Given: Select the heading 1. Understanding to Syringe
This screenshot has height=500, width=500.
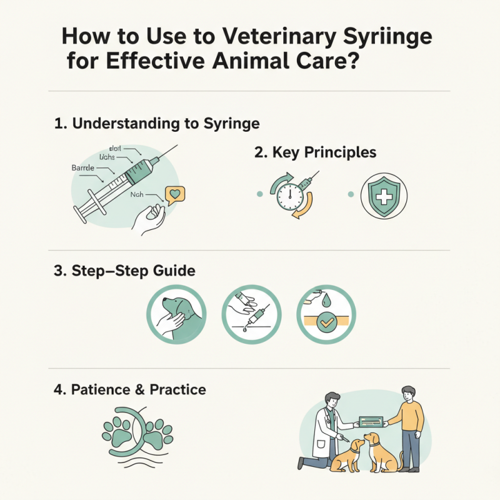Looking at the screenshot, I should [x=157, y=123].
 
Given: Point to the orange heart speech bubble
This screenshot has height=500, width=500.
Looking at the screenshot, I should [x=175, y=195].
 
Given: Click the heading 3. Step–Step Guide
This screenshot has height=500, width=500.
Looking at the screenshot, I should [x=125, y=271].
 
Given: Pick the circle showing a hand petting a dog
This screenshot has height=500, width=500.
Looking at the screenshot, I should [x=175, y=316].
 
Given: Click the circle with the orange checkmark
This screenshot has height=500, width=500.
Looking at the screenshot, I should [x=326, y=316].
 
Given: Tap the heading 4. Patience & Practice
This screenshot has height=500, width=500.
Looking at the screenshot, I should [x=131, y=390].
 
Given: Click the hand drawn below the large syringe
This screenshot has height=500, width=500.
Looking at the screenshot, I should [x=150, y=219].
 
